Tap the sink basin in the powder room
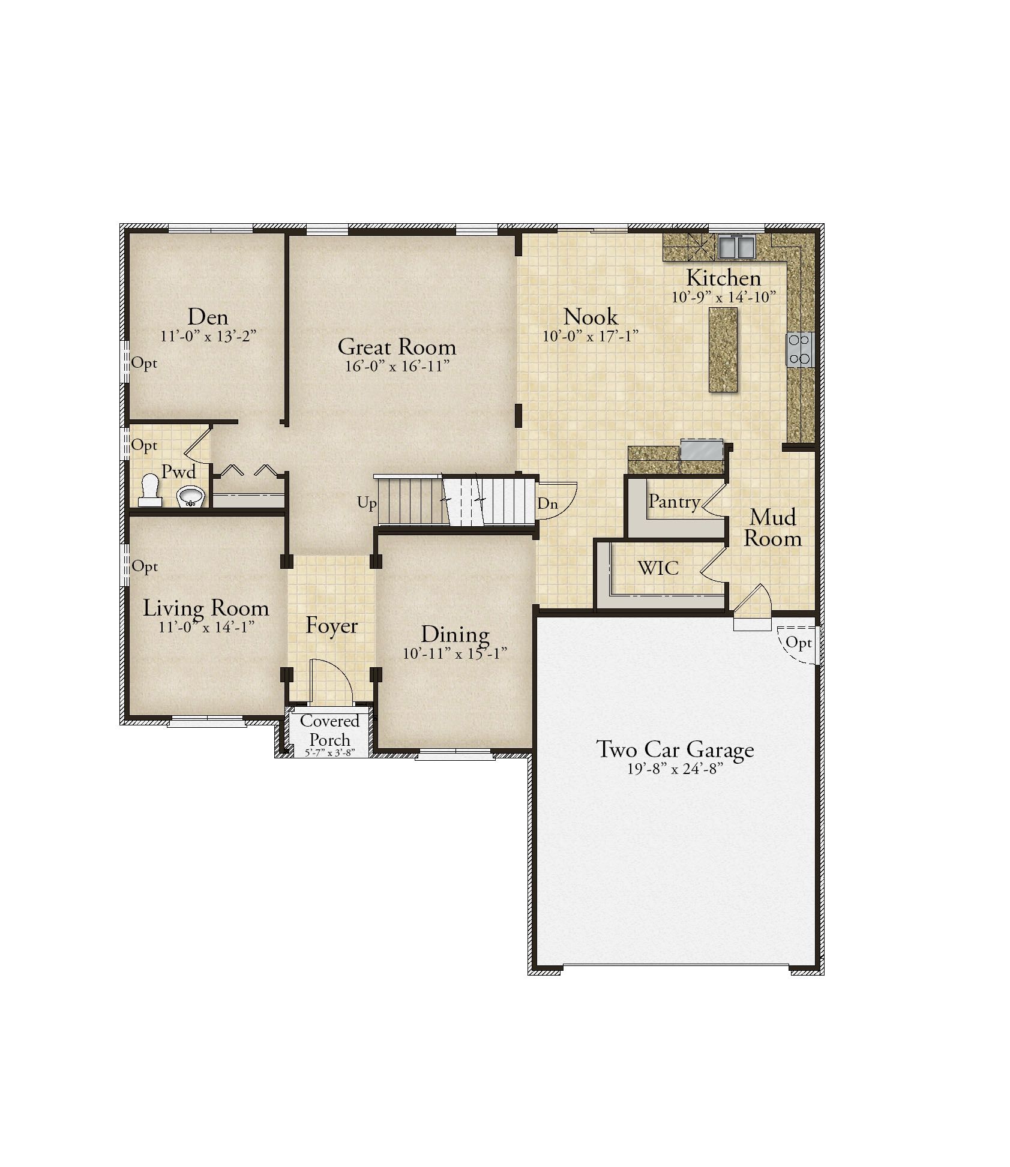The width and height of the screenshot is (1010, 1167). point(191,496)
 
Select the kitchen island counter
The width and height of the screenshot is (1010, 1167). point(723,350)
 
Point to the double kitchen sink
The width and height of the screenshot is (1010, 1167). point(736,247)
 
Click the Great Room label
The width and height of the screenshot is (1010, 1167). point(397,347)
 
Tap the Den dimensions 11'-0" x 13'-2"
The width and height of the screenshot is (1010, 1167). point(208,336)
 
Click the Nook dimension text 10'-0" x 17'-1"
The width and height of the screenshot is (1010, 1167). point(591,336)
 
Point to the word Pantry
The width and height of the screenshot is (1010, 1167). point(674,502)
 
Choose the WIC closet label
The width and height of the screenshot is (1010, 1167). point(658,568)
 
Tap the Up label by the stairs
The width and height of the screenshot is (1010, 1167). point(367,503)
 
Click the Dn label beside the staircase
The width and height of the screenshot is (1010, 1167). point(547,503)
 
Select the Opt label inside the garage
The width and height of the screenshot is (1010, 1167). point(799,643)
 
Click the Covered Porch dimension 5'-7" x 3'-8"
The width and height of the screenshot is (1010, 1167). point(329,754)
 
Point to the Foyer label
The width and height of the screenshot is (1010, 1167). point(331,626)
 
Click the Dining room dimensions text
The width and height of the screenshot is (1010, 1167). point(455,653)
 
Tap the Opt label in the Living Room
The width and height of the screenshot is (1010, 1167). point(145,567)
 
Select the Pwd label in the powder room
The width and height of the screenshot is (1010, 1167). point(179,472)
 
